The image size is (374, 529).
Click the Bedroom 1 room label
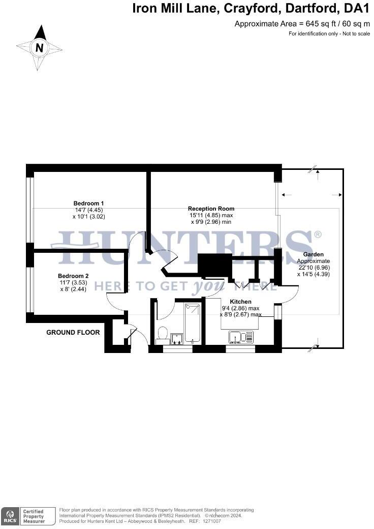pos(88,203)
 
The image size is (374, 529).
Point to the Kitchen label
pos(240,302)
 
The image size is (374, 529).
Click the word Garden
pos(313,254)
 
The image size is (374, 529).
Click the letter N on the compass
pos(39,48)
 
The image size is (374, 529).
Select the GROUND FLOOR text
pos(73,333)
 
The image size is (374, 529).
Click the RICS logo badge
pos(10,515)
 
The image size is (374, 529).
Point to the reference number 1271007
pos(212,521)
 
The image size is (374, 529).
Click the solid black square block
pos(214,265)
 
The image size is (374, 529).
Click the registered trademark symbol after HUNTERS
pos(318,234)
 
